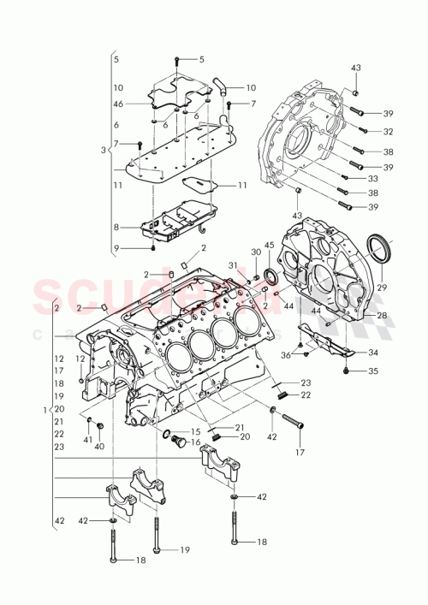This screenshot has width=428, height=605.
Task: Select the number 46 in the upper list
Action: (x=118, y=104)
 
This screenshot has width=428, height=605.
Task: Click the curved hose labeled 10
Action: (x=220, y=85)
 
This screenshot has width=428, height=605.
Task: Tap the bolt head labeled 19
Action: (x=156, y=549)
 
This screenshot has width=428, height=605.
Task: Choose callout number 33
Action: (x=372, y=178)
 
